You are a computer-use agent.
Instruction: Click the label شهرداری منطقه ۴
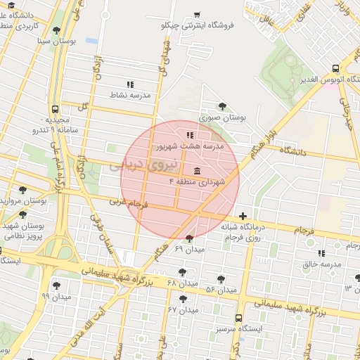(196, 181)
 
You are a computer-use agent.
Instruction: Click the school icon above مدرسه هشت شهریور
(189, 135)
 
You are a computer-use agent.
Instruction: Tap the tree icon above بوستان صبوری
(222, 107)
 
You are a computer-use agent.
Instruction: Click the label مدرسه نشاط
(129, 94)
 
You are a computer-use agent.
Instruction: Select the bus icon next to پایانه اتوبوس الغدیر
(335, 69)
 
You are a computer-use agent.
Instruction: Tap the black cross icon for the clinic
(243, 216)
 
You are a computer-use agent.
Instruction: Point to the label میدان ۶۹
(189, 249)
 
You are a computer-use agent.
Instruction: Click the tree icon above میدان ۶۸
(183, 271)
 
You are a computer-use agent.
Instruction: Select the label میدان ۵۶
(220, 289)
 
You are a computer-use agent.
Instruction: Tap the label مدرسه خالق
(321, 264)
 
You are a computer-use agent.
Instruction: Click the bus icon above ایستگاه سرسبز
(238, 318)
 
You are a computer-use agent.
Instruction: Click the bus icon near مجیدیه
(55, 110)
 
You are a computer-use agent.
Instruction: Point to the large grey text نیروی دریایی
(135, 166)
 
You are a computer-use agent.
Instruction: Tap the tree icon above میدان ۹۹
(56, 285)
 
